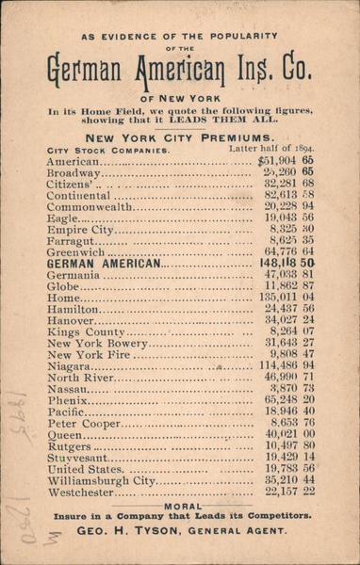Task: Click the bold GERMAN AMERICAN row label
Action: pos(103,265)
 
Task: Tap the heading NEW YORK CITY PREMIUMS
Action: pos(179,137)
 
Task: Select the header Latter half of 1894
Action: pos(271,149)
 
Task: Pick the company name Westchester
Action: pos(84,492)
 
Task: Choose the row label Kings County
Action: pos(86,332)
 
